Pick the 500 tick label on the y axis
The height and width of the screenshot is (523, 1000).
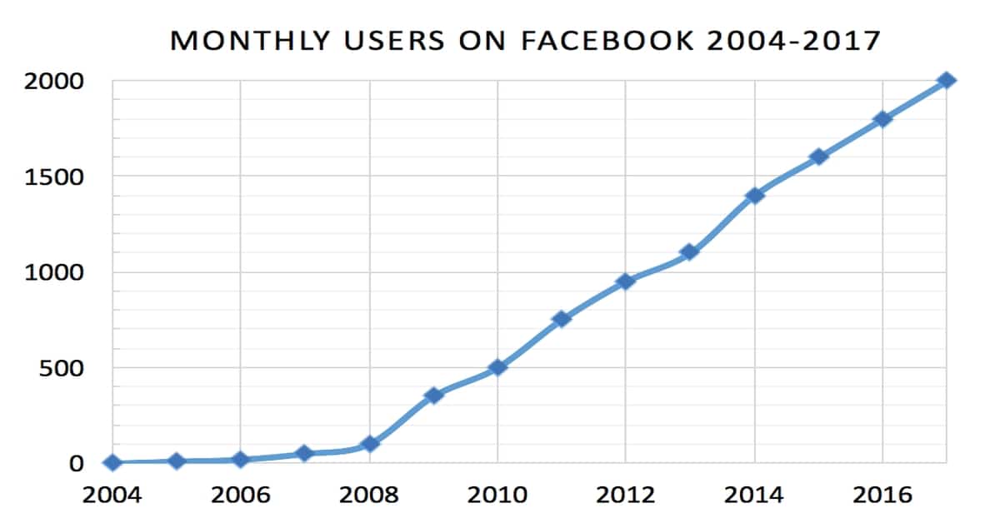click(67, 368)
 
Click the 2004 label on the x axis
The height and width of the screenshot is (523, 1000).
click(112, 495)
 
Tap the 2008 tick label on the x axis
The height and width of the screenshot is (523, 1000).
click(369, 495)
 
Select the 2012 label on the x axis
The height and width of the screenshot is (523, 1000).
click(626, 495)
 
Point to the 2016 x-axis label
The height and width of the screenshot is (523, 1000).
click(882, 495)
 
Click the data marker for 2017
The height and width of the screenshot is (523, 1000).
click(946, 81)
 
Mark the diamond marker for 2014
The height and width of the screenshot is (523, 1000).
click(754, 196)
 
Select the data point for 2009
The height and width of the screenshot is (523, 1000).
click(433, 395)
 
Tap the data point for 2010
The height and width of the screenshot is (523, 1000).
click(497, 367)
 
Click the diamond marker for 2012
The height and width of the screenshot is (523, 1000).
click(626, 281)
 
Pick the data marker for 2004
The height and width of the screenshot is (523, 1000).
click(112, 463)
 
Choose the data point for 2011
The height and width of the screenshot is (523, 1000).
click(562, 319)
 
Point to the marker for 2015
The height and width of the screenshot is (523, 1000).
click(818, 157)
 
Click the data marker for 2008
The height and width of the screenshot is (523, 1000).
click(369, 444)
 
